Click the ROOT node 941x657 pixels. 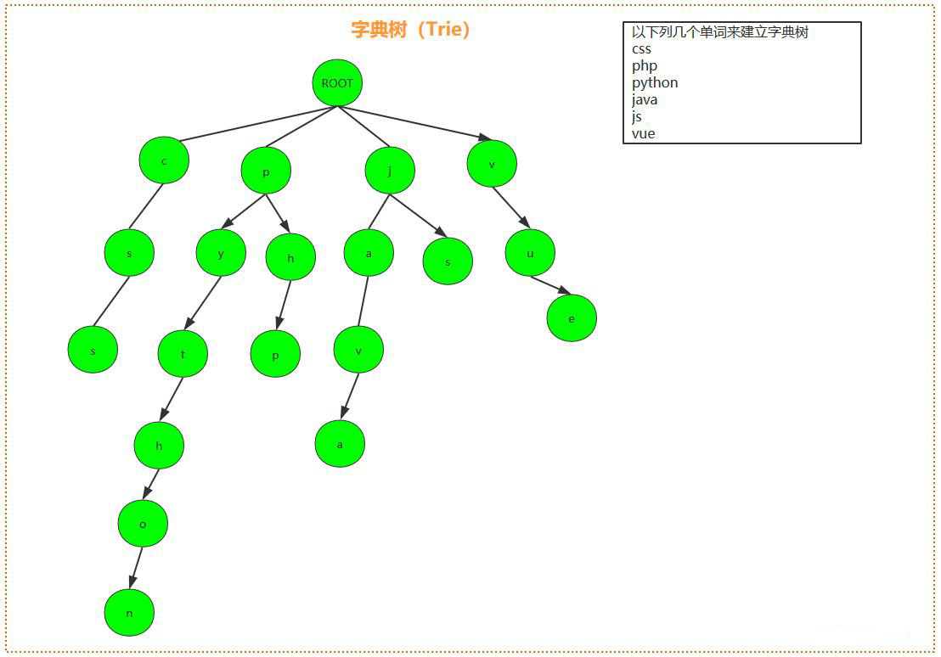click(x=337, y=83)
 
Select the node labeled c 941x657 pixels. click(x=164, y=160)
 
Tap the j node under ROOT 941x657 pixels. click(x=390, y=171)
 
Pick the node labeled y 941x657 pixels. click(x=221, y=252)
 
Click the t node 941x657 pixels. click(x=183, y=354)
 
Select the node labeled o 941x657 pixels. click(x=143, y=524)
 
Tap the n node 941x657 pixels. click(x=129, y=612)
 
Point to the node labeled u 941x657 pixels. click(x=530, y=253)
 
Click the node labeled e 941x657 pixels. click(x=572, y=318)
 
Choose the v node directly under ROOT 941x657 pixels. click(x=492, y=163)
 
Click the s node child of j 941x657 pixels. click(x=448, y=261)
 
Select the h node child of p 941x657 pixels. click(x=290, y=257)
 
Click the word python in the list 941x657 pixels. click(x=655, y=82)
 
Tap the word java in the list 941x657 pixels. click(x=645, y=99)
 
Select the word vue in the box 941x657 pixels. click(x=644, y=133)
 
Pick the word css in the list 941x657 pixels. click(x=642, y=48)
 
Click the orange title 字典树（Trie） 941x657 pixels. click(x=411, y=30)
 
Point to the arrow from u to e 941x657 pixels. click(x=550, y=285)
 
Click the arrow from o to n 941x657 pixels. click(x=136, y=567)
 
